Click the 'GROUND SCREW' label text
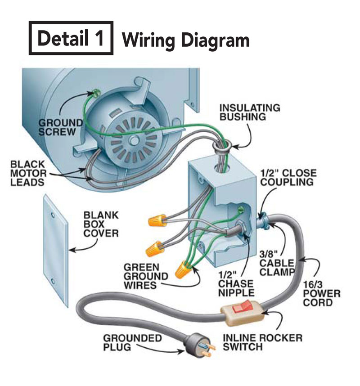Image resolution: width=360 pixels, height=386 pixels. [x=60, y=126]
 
